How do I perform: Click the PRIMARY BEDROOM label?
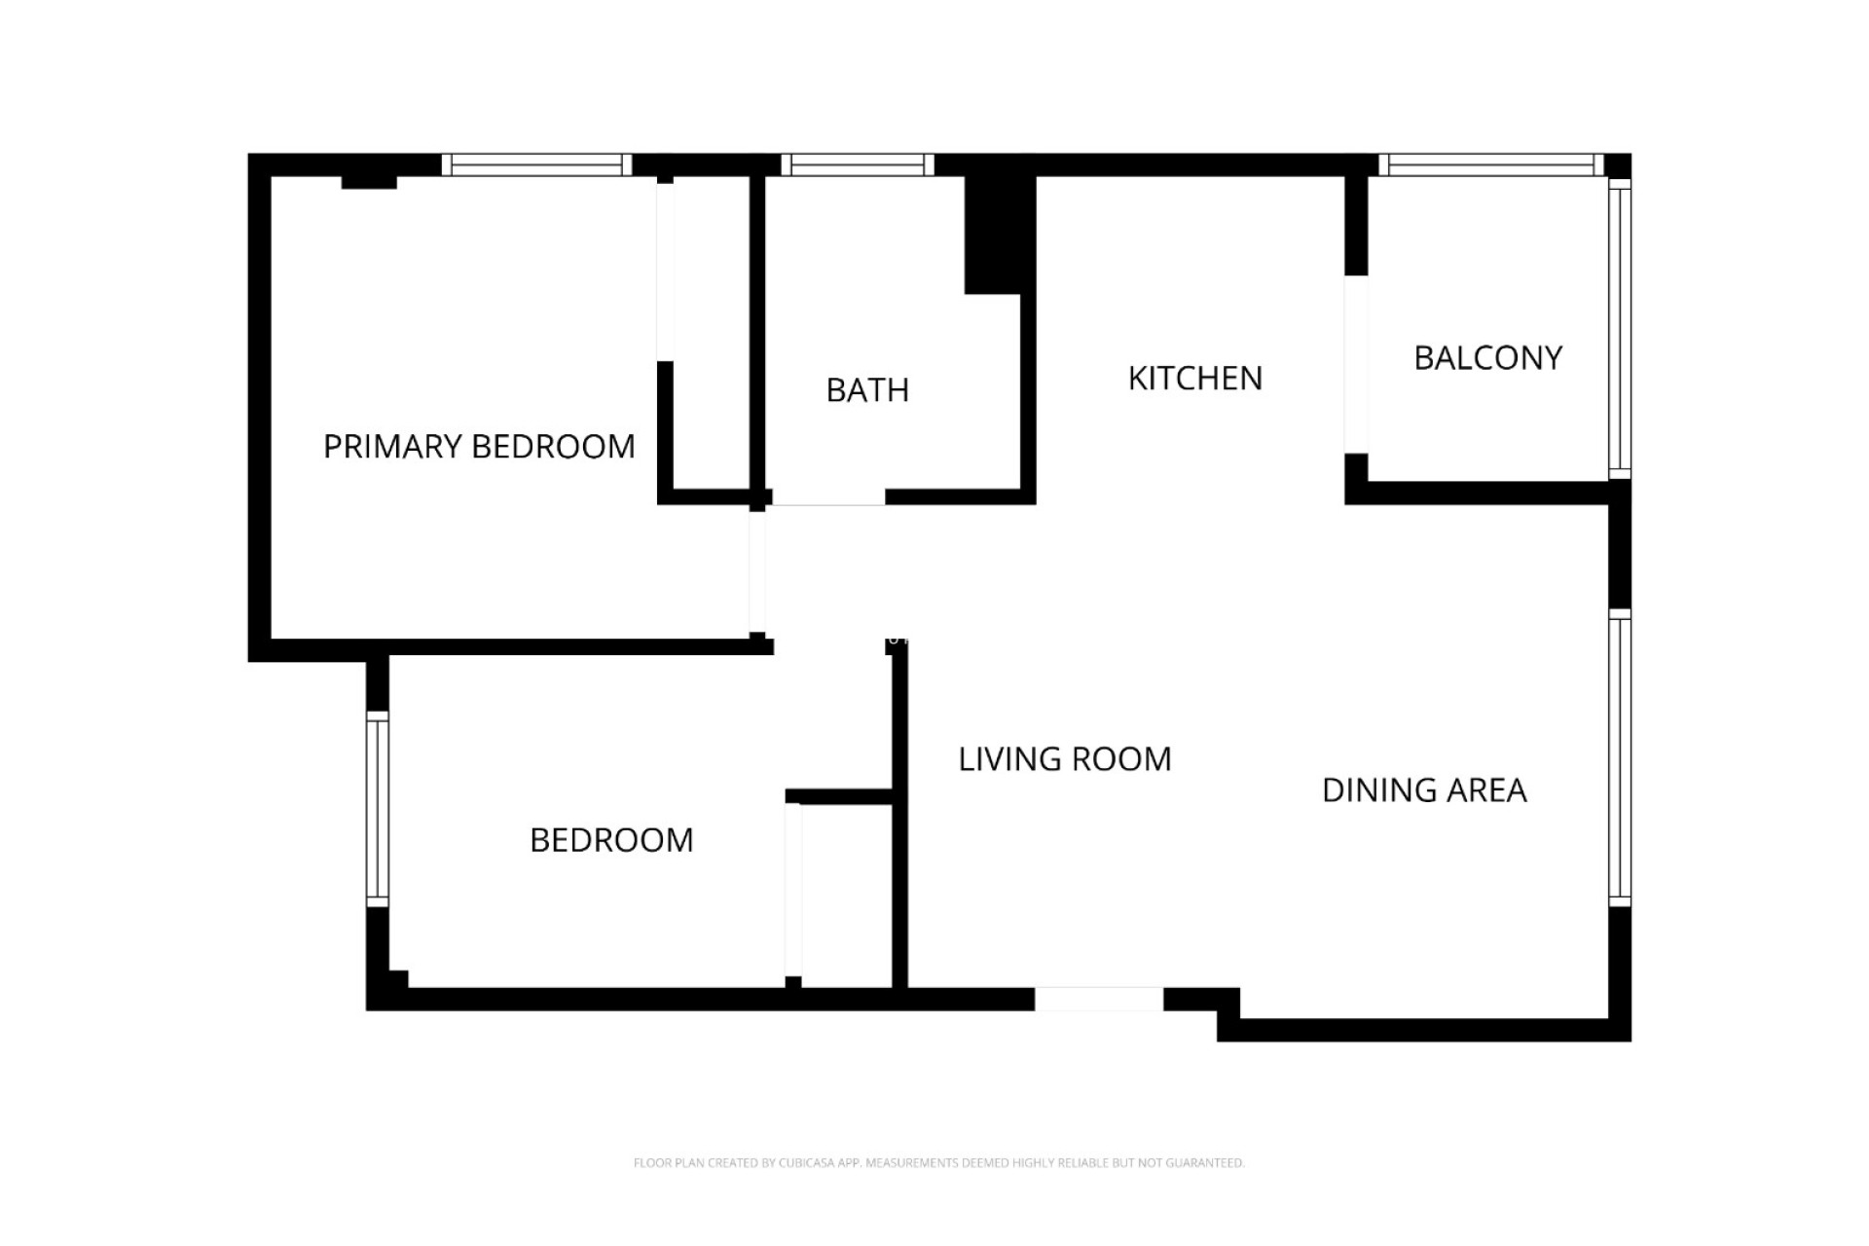[x=479, y=447]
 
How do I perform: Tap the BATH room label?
[x=867, y=390]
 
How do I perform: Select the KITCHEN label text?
[x=1194, y=379]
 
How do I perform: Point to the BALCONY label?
[x=1487, y=358]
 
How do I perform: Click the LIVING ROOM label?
[x=1065, y=759]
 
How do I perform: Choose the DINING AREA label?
[x=1424, y=790]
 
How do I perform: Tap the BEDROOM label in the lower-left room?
[x=611, y=840]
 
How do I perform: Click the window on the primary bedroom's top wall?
[x=536, y=165]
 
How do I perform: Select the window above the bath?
[x=858, y=165]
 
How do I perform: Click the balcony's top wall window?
[x=1490, y=165]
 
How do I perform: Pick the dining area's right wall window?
[x=1619, y=757]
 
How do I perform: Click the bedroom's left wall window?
[x=378, y=809]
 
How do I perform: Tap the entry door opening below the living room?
[x=1098, y=999]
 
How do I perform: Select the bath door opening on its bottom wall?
[x=828, y=497]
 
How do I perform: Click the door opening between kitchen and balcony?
[x=1356, y=364]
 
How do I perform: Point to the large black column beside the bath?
[x=998, y=234]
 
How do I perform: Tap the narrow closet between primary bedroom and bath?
[x=711, y=331]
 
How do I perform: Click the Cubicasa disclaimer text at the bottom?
[x=938, y=1162]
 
